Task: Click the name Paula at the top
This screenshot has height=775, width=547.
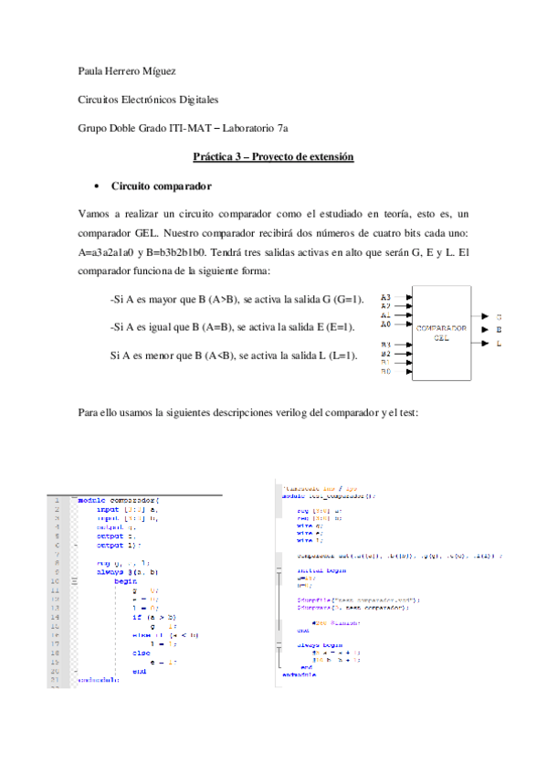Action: tap(91, 69)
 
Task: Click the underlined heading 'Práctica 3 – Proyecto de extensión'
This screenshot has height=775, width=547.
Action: tap(273, 157)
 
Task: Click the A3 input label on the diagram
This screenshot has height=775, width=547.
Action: tap(385, 298)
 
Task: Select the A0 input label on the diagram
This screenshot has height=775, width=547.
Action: tap(385, 324)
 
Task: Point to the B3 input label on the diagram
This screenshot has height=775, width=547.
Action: tap(385, 345)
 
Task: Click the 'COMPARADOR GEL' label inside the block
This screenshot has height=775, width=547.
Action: tap(441, 332)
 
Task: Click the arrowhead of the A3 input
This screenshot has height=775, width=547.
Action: tap(409, 298)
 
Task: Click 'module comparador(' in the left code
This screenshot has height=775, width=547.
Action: tap(119, 500)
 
